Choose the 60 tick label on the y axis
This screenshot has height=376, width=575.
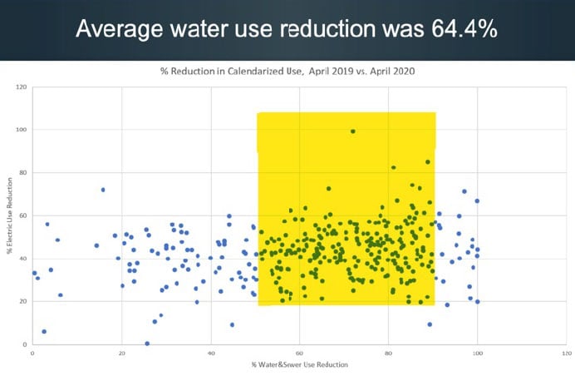23,215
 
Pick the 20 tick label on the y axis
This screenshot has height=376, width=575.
23,302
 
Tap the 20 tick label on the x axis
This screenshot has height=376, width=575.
121,353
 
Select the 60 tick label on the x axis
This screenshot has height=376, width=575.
300,353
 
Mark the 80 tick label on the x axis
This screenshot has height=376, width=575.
389,353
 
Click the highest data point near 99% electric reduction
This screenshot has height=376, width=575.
353,131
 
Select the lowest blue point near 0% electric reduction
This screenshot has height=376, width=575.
147,343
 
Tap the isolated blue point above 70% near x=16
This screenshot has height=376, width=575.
103,190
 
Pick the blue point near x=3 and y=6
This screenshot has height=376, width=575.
44,331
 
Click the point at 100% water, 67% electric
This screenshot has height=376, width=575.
477,200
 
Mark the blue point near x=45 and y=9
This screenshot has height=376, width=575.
232,324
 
